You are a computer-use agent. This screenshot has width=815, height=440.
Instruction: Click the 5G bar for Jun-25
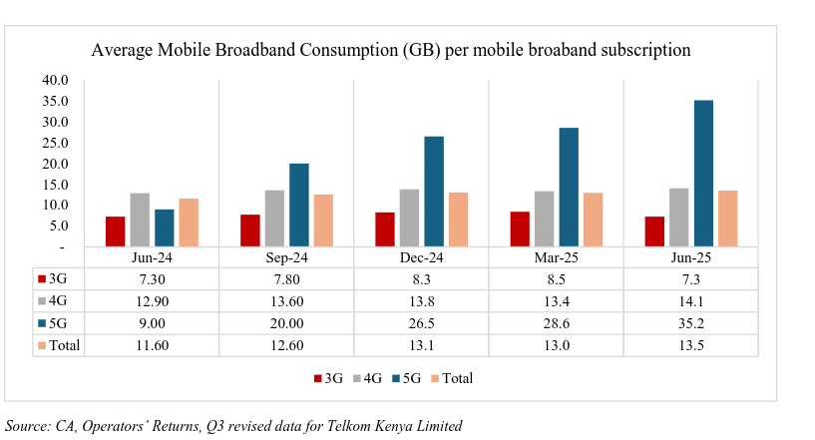coord(703,173)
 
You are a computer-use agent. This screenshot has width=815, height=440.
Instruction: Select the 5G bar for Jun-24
coord(164,227)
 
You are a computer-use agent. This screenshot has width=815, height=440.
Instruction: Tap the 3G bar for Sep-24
coord(250,230)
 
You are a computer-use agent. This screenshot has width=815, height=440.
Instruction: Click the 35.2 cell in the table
coord(690,323)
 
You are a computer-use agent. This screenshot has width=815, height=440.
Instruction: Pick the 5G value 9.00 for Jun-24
coord(151,323)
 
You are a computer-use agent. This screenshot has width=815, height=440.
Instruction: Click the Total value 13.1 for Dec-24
coord(420,345)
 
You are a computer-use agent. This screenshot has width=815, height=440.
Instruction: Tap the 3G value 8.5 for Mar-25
coord(556,279)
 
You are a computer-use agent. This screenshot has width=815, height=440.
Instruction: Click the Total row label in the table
coord(65,345)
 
